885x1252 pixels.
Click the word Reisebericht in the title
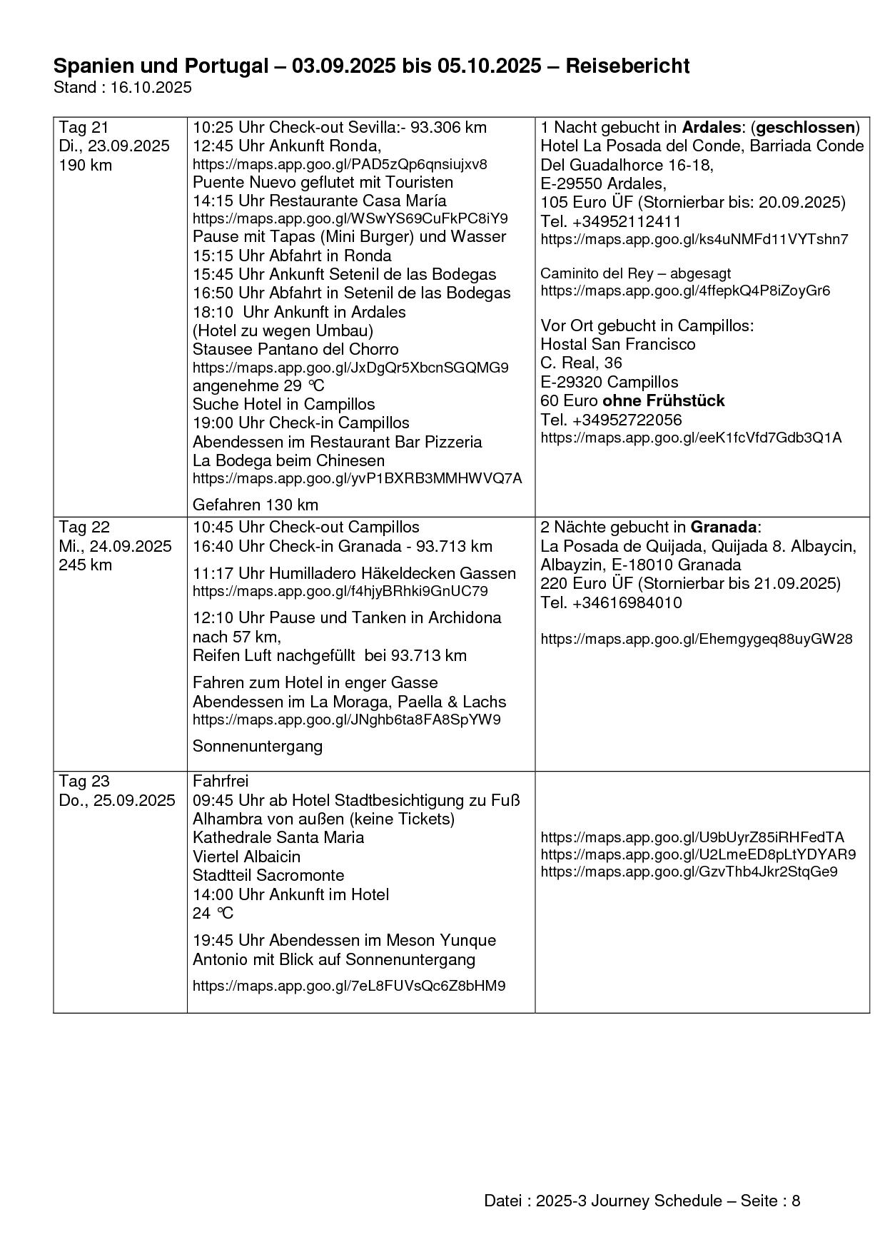[627, 66]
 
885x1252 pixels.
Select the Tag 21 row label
[84, 128]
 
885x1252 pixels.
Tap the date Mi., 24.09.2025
[116, 546]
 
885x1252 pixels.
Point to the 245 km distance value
[86, 565]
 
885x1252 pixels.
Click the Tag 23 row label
[84, 781]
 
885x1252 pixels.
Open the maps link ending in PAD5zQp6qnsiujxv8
[340, 164]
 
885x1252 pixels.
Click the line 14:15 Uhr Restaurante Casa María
[320, 201]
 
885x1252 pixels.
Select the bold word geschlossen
[805, 128]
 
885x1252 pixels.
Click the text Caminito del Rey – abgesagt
[635, 273]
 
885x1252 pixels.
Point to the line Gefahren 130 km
[256, 505]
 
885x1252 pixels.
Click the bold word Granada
[723, 527]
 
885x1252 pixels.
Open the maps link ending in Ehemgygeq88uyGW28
[696, 639]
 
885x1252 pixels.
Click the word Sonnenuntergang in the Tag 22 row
[258, 746]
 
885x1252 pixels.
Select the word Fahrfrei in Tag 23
[221, 781]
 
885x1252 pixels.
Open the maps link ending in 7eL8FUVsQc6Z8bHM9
[349, 986]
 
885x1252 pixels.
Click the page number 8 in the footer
[796, 1201]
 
